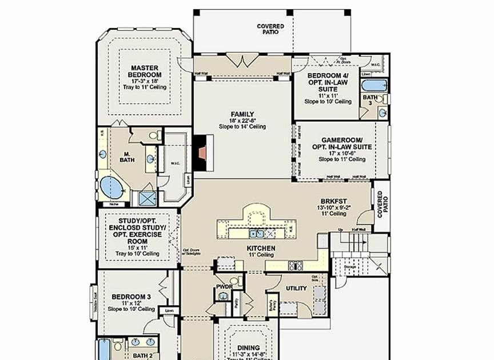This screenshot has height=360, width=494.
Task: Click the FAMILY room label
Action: pos(242,114)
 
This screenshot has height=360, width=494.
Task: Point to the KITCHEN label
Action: pos(261,249)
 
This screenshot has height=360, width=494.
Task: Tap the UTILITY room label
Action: pos(297,289)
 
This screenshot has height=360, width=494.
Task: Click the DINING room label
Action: pos(249,347)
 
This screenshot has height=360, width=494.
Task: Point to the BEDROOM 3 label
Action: pos(131,297)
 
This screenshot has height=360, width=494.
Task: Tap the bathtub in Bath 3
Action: pos(375,86)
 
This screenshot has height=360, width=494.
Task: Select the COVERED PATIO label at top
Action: pos(270,29)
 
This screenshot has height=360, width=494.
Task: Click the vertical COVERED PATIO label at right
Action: pos(380,205)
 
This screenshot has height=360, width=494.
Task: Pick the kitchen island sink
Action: pos(256,233)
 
